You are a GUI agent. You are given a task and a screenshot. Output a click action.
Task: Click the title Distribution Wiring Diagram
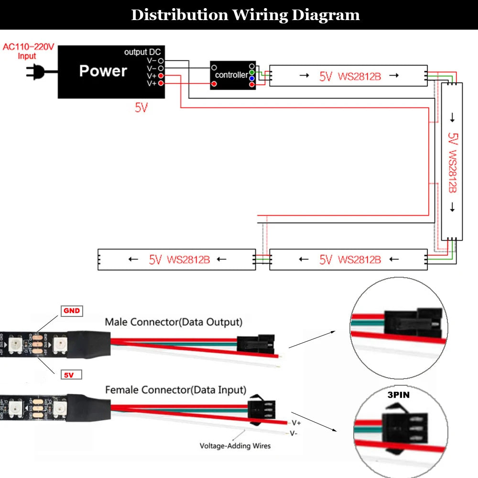click(x=245, y=15)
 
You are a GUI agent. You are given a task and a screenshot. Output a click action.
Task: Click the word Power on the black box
click(x=103, y=71)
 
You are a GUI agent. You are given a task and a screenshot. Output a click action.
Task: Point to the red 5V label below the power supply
click(x=141, y=108)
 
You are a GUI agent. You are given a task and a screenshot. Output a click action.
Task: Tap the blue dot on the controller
click(x=252, y=78)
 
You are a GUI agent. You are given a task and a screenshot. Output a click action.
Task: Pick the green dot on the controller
click(x=252, y=72)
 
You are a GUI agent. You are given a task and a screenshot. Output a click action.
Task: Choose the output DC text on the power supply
click(x=142, y=52)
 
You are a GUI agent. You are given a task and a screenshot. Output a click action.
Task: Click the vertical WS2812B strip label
click(x=452, y=163)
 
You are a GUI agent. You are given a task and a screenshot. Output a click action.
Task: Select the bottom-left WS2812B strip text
click(x=179, y=260)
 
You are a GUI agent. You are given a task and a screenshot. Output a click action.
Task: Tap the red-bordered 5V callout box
click(x=71, y=375)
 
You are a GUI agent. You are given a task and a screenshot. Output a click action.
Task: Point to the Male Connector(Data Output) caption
click(x=174, y=322)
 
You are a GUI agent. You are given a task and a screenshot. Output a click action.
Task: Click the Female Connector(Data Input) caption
click(x=175, y=390)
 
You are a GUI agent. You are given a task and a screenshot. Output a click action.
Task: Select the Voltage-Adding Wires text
click(x=235, y=445)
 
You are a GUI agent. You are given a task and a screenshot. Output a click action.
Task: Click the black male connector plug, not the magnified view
click(x=254, y=342)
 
